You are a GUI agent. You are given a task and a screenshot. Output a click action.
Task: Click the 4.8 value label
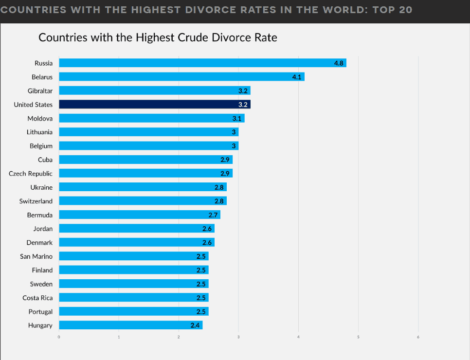[x=339, y=63]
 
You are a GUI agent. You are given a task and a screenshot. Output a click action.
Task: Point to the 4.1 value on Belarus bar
[x=297, y=77]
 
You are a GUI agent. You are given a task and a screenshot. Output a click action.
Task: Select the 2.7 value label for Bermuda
[x=213, y=215]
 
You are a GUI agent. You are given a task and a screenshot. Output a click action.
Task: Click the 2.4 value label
[x=195, y=325]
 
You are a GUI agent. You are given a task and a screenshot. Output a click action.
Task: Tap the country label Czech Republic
[x=31, y=173]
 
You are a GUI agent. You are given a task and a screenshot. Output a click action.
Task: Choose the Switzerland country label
[x=36, y=201]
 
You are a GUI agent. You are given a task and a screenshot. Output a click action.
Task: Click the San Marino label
[x=36, y=256]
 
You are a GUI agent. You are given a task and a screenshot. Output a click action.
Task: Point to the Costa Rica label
[x=37, y=298]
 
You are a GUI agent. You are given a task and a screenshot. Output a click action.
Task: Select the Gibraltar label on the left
[x=40, y=90]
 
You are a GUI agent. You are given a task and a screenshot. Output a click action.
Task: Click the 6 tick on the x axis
[x=418, y=337]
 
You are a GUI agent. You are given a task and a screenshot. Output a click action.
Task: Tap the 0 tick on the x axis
[x=59, y=337]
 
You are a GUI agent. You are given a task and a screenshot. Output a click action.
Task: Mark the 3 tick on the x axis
[x=238, y=337]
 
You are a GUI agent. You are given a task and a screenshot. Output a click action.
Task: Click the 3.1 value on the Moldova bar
[x=237, y=118]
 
